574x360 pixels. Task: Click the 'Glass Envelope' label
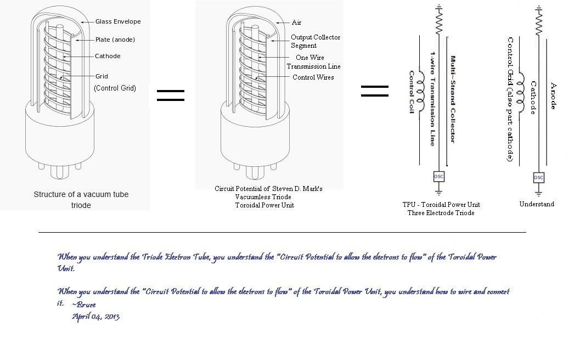[x=118, y=21]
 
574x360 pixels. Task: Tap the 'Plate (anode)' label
[x=115, y=40]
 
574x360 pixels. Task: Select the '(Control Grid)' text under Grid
[x=115, y=88]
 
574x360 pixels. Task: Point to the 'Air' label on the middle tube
[x=296, y=22]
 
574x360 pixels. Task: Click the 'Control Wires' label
[x=313, y=77]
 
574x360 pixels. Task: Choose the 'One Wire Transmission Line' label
[x=313, y=62]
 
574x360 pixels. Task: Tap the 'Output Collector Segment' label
[x=315, y=41]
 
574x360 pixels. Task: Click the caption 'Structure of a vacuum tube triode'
[x=81, y=200]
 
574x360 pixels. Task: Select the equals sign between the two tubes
[x=170, y=95]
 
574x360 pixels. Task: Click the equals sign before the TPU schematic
[x=374, y=91]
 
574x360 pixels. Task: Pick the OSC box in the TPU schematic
[x=438, y=177]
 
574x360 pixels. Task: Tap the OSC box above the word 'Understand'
[x=538, y=177]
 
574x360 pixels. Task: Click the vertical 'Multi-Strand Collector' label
[x=453, y=99]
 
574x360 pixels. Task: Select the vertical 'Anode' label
[x=553, y=96]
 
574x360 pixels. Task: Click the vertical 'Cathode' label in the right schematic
[x=532, y=98]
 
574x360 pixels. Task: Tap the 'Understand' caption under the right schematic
[x=537, y=204]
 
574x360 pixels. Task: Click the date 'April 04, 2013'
[x=95, y=317]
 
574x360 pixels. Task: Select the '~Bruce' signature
[x=83, y=305]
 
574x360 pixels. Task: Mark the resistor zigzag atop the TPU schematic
[x=438, y=21]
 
